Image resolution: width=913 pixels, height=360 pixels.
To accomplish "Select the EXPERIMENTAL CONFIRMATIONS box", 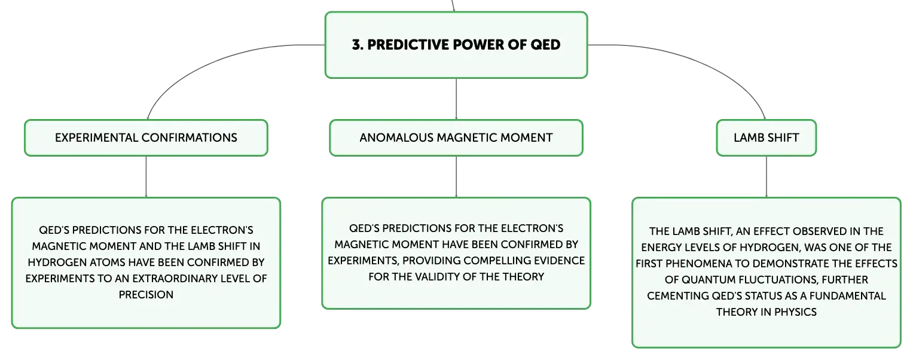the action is (146, 138).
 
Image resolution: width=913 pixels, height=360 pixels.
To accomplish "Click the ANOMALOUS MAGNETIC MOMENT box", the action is (456, 138).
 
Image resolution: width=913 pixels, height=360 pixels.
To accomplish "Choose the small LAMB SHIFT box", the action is (767, 138).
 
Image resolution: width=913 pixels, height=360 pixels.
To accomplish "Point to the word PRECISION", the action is (146, 295).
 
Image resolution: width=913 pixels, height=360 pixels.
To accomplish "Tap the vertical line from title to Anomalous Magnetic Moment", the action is (456, 99).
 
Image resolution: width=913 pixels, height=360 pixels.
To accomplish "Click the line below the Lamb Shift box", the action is (767, 177).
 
